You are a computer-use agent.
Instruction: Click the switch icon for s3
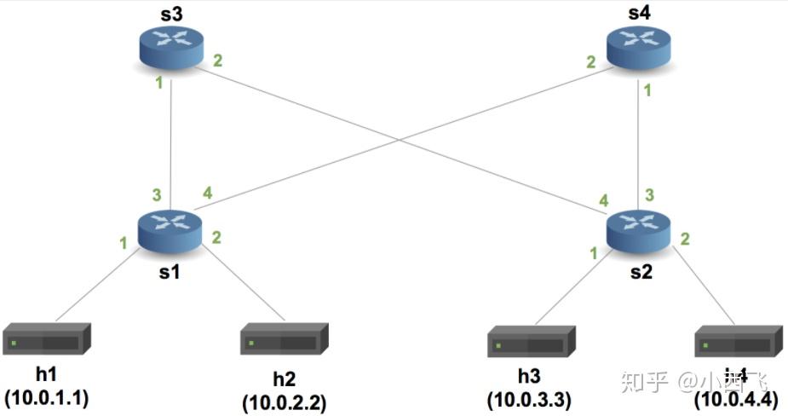pyautogui.click(x=171, y=48)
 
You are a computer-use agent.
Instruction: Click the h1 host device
pyautogui.click(x=46, y=339)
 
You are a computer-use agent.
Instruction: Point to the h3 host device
pyautogui.click(x=531, y=341)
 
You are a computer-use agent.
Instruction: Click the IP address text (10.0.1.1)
pyautogui.click(x=47, y=397)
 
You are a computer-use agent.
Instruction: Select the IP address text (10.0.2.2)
pyautogui.click(x=285, y=400)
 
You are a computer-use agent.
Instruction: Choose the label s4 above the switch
pyautogui.click(x=639, y=13)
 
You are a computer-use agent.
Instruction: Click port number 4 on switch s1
pyautogui.click(x=207, y=193)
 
